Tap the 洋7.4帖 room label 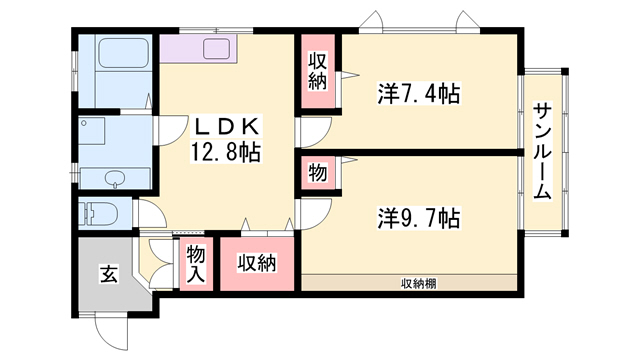pyautogui.click(x=418, y=95)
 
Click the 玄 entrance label pyautogui.click(x=108, y=273)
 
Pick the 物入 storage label pyautogui.click(x=196, y=265)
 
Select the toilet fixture pyautogui.click(x=100, y=214)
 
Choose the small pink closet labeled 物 pyautogui.click(x=317, y=172)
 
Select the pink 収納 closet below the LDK pyautogui.click(x=256, y=264)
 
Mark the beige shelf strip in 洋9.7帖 pyautogui.click(x=410, y=283)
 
